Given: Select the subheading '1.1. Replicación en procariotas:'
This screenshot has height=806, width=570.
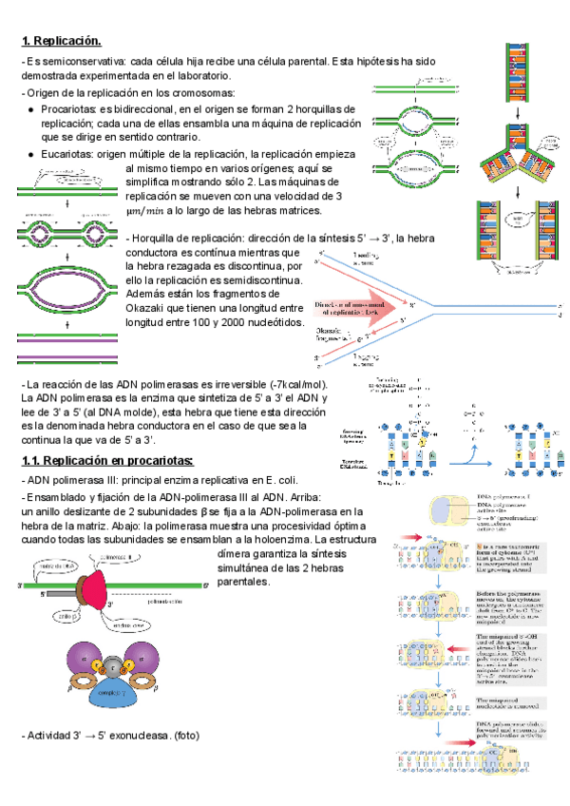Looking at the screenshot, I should (x=106, y=461).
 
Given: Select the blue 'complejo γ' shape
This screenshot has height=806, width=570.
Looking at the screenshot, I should (x=113, y=697).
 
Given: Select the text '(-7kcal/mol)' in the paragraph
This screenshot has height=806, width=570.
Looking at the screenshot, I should (x=294, y=383).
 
